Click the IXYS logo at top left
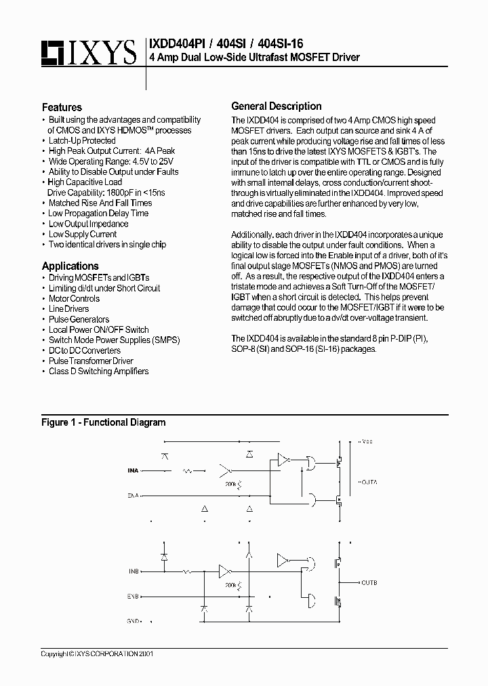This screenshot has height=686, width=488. [x=88, y=52]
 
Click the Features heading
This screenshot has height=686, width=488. [x=62, y=107]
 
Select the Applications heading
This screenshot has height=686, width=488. [x=70, y=266]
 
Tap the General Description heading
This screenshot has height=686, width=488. [x=277, y=106]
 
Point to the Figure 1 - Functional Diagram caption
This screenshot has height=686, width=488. [x=103, y=422]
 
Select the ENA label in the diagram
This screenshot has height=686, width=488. [x=133, y=496]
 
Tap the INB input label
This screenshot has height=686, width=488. [x=134, y=571]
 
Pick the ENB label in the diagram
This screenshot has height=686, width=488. [x=134, y=597]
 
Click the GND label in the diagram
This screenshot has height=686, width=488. [x=134, y=621]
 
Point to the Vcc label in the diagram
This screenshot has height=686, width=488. [x=367, y=441]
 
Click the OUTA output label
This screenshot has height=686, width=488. [x=369, y=482]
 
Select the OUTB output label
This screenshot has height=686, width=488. [x=369, y=582]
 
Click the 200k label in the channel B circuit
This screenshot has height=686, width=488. [x=232, y=583]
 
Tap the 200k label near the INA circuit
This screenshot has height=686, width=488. [x=232, y=485]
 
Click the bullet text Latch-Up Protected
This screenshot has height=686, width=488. [x=82, y=140]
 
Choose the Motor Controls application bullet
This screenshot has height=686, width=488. [x=74, y=298]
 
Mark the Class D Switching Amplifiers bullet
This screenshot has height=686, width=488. [x=98, y=371]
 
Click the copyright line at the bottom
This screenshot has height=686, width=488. [x=97, y=654]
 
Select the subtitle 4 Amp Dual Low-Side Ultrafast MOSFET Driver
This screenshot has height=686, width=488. [x=254, y=57]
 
